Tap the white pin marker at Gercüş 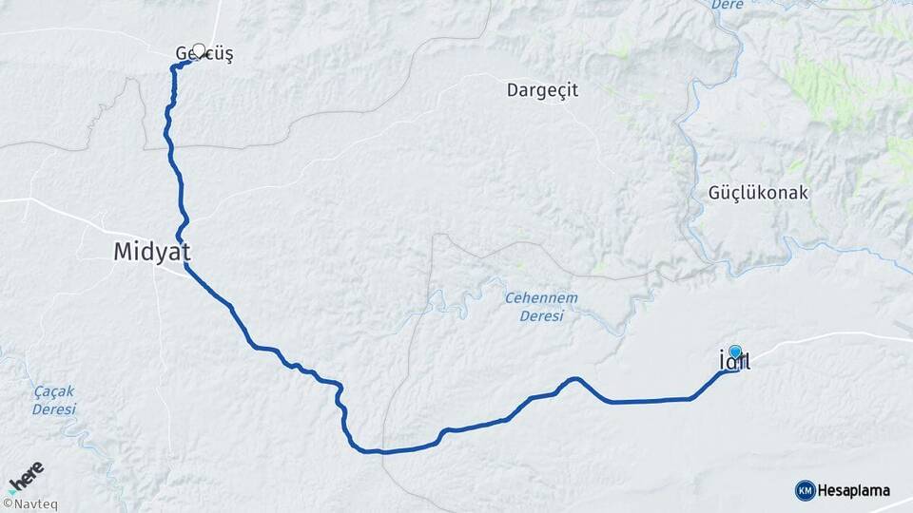(199, 50)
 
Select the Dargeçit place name (542, 90)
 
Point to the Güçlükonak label (758, 193)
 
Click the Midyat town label (152, 252)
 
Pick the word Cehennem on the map (541, 298)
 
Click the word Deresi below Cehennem (541, 315)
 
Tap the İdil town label (734, 361)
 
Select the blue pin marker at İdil (734, 351)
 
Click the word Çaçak (53, 391)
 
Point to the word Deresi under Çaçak (53, 408)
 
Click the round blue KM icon (805, 490)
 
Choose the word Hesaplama (854, 490)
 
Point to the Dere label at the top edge (727, 5)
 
